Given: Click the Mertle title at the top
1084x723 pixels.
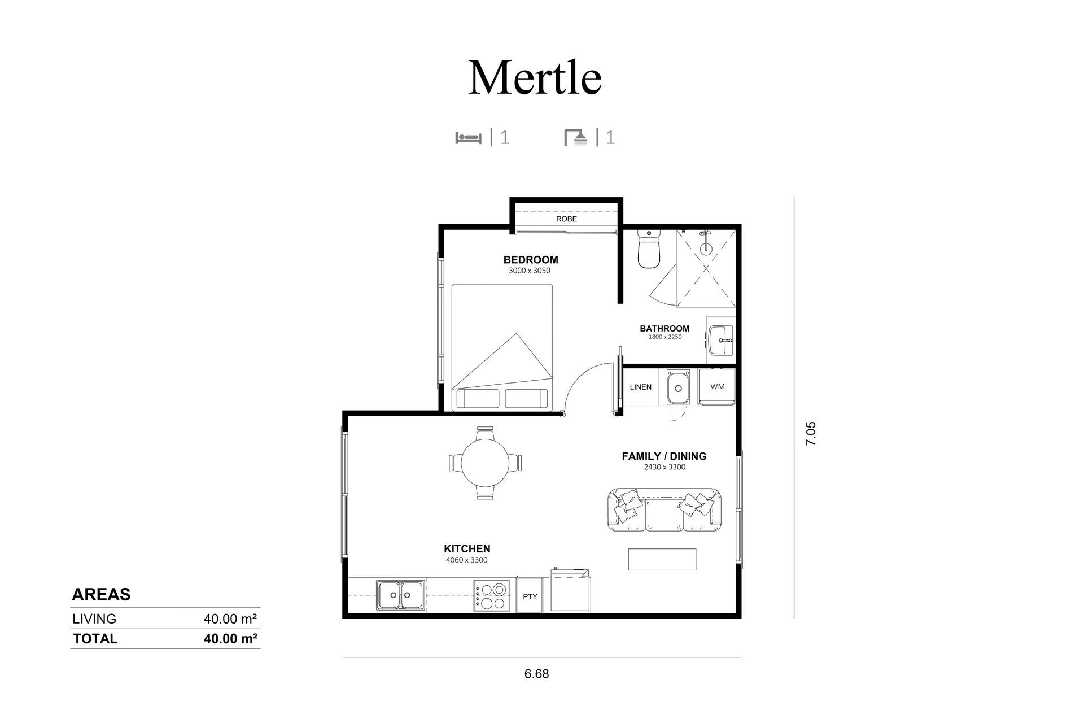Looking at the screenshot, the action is coord(535,77).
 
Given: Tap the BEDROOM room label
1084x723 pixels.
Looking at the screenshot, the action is coord(531,260).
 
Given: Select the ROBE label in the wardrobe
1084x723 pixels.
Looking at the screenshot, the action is coord(566,219).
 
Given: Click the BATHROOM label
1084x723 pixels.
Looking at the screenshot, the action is coord(665,328).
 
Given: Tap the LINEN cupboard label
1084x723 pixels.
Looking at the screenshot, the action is coord(641,387).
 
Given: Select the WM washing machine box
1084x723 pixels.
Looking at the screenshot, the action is coord(717,387).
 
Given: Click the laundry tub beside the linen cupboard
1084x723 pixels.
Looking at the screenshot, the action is coord(678,387).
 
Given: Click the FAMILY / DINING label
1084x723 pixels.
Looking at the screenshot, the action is coord(664,456).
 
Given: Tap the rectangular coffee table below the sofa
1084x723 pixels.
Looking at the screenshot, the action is coord(662,559).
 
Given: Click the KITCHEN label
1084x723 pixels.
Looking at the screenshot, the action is coord(467,548).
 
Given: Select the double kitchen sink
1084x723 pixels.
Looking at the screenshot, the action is coord(401,595).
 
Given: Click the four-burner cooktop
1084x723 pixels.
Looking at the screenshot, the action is coord(492,595).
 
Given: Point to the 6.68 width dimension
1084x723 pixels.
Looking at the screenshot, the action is coord(536,674).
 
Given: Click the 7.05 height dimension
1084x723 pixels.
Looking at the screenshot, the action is coord(811,434).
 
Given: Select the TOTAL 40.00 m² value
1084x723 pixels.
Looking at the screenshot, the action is coord(230,639).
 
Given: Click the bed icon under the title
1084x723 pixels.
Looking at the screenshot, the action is coord(468,137).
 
